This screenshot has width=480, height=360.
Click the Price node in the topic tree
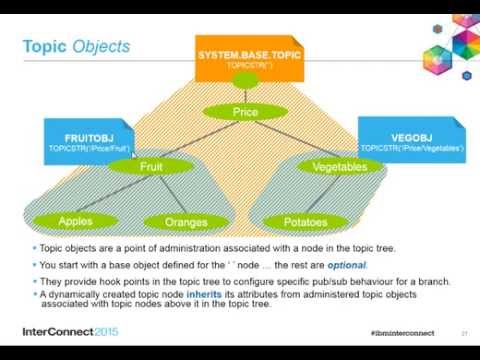click(x=245, y=113)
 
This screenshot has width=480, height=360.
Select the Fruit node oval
click(x=150, y=167)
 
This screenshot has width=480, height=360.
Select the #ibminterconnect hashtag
click(x=395, y=331)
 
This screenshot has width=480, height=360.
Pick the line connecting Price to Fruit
click(x=198, y=140)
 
